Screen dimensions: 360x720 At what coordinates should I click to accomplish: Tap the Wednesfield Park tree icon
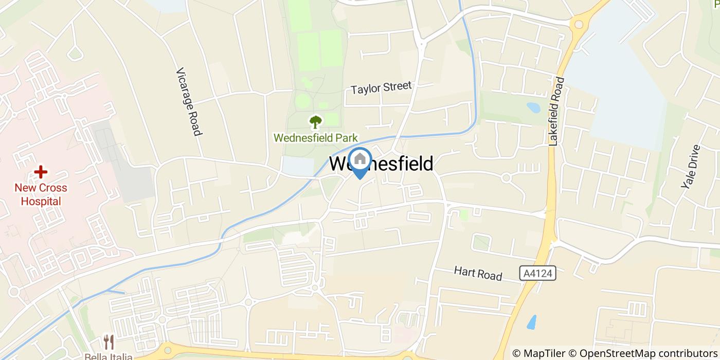[x=315, y=122]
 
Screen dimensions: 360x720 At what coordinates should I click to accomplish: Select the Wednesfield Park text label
[x=315, y=138]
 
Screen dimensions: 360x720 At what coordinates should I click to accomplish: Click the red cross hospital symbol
[x=41, y=172]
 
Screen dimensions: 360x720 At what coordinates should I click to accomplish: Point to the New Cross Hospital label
[x=41, y=194]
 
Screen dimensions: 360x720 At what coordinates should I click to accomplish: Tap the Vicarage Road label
[x=188, y=102]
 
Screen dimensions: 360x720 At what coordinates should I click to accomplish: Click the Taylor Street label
[x=381, y=87]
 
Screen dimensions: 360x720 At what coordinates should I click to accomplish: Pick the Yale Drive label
[x=691, y=167]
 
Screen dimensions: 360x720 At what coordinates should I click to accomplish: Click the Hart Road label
[x=478, y=273]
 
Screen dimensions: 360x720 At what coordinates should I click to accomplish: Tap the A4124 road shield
[x=538, y=273]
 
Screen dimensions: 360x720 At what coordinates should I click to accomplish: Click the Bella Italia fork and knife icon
[x=109, y=341]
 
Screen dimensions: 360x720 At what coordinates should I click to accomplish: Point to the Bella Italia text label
[x=109, y=356]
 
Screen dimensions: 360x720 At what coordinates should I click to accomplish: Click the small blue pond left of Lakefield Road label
[x=533, y=107]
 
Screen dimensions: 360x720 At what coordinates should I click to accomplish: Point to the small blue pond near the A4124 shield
[x=532, y=321]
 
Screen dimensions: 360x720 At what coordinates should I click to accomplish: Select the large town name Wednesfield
[x=381, y=164]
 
